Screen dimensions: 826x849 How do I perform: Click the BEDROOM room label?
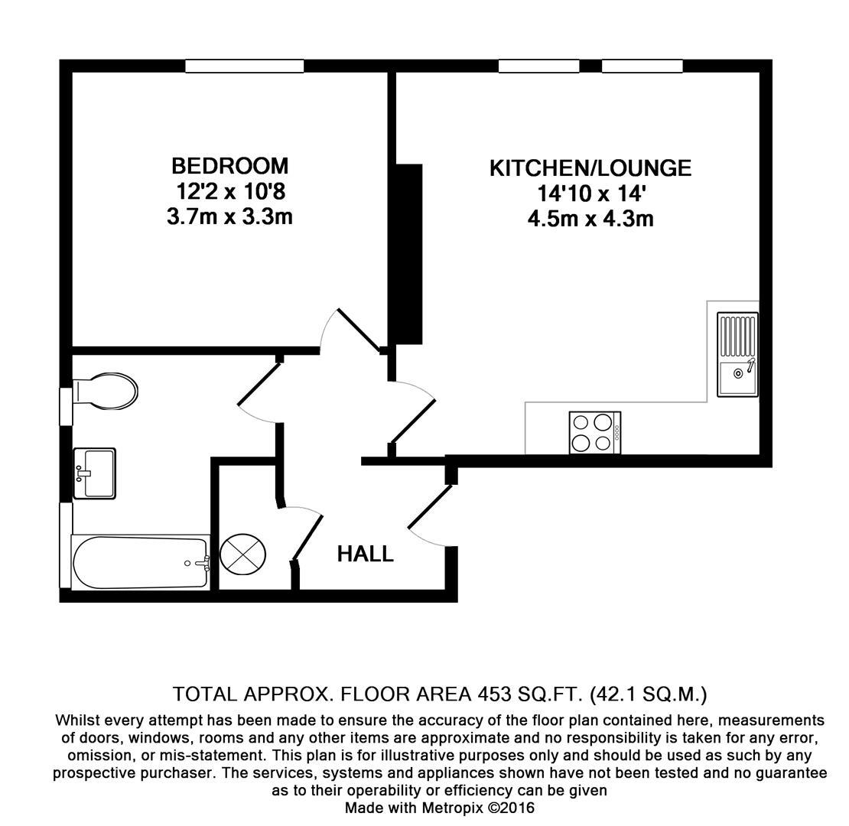pos(229,166)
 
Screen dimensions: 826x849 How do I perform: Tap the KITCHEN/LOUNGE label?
pos(590,168)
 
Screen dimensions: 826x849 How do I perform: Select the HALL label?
pos(366,554)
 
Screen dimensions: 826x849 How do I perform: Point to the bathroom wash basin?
pos(95,472)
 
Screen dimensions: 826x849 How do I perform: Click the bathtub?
pos(140,563)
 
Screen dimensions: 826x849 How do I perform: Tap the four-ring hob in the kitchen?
pos(594,432)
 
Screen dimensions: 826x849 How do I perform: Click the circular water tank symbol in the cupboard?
pos(243,554)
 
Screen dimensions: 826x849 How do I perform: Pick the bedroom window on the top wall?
pos(244,67)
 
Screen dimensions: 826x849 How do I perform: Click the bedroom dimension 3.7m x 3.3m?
pos(229,217)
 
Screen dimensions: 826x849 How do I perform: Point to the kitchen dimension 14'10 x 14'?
pos(590,193)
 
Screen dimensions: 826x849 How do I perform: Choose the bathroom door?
pos(260,386)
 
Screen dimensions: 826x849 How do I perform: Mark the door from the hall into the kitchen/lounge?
pos(413,417)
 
